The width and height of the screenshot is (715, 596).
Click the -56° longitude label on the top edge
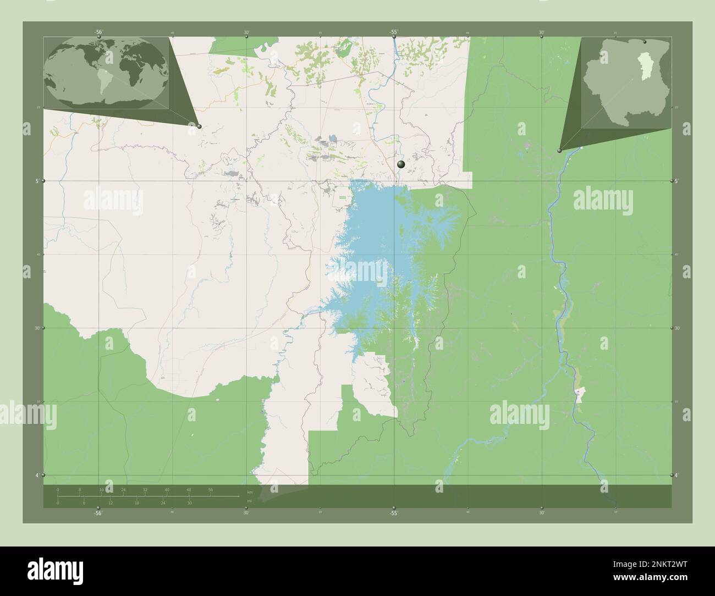tap(98, 32)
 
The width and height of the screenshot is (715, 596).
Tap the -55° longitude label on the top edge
tap(394, 32)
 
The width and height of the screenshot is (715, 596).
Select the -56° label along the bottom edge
tap(98, 513)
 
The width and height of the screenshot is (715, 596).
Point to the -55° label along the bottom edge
tap(393, 513)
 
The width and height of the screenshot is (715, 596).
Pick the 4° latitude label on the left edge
tap(37, 475)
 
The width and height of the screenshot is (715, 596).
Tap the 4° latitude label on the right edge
tap(676, 475)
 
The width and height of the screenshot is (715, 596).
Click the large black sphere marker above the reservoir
tap(401, 164)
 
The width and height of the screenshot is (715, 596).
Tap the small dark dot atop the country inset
tap(645, 41)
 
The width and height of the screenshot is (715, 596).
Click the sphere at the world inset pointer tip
tap(199, 126)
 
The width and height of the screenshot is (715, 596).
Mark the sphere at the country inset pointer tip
tap(559, 150)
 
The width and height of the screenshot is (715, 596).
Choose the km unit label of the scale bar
tap(250, 492)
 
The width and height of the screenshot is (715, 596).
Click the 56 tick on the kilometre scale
tap(210, 489)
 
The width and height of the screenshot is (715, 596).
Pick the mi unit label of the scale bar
tap(249, 501)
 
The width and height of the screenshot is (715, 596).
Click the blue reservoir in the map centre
tap(374, 242)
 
